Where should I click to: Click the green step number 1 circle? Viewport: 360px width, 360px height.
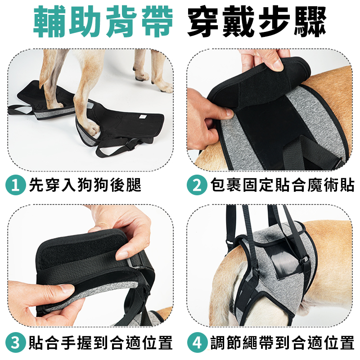(x=15, y=185)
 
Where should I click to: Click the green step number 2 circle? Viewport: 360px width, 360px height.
(x=197, y=185)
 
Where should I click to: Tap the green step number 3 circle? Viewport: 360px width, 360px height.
(x=15, y=343)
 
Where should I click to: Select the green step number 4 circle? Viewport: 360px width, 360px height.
(x=197, y=343)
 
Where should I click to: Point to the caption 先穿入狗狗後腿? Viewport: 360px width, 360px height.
(x=85, y=185)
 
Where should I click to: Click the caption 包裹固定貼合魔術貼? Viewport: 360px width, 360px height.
(x=283, y=185)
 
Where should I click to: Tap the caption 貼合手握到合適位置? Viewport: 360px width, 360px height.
(x=100, y=343)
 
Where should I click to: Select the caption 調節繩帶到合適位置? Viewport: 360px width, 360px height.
(x=283, y=343)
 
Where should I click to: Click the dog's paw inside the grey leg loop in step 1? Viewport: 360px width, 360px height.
(x=92, y=129)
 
